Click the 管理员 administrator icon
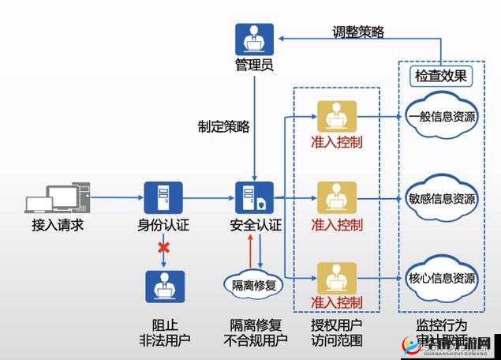[x=255, y=39]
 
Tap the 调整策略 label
[x=358, y=32]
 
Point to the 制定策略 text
[x=223, y=126]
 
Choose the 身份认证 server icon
[x=163, y=198]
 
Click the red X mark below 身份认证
[x=163, y=248]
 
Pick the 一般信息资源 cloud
[x=442, y=117]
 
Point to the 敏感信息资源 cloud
[x=442, y=198]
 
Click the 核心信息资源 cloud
[x=442, y=279]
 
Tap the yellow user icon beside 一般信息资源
[x=336, y=117]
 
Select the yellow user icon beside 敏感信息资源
[x=336, y=197]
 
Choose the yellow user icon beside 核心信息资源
[x=336, y=277]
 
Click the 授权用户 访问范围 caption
[x=337, y=332]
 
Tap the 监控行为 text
[x=442, y=325]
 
